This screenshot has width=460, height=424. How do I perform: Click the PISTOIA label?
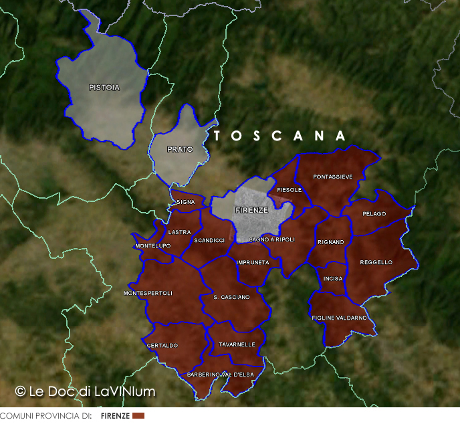coord(104,88)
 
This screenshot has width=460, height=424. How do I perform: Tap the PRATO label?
coord(180,149)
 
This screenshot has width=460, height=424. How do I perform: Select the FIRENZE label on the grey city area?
coord(252,210)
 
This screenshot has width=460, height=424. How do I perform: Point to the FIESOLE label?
coord(290,190)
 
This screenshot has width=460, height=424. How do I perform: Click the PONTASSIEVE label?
coord(333,177)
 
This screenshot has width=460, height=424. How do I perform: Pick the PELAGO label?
coord(374,214)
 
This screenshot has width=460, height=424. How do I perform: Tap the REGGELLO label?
coord(376,262)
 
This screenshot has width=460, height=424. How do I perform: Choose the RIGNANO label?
coord(331,242)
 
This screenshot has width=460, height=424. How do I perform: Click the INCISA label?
coord(333,278)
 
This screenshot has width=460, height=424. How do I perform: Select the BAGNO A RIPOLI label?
coord(271,239)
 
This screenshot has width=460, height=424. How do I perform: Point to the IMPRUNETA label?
coord(253,263)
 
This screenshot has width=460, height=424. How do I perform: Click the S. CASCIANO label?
coord(231,297)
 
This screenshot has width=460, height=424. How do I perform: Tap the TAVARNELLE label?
coord(237,344)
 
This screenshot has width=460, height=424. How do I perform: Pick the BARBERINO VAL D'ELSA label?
coord(221,375)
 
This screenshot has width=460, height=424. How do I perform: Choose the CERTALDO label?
coord(162,346)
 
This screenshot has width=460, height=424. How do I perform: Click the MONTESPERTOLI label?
coord(148,294)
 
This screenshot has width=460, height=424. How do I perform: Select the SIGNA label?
coord(185,202)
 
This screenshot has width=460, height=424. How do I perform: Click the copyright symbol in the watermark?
coord(20,391)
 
